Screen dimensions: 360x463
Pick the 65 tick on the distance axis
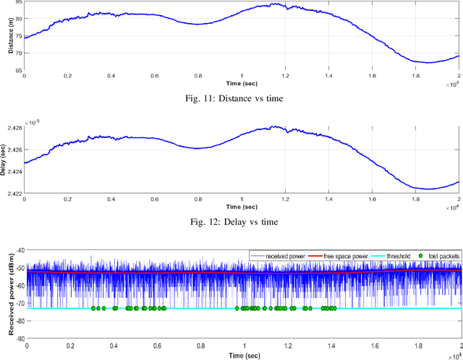coord(18,71)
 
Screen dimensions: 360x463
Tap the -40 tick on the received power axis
coord(20,250)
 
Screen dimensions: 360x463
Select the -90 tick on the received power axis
coord(20,338)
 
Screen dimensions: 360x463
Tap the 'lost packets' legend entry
coord(443,256)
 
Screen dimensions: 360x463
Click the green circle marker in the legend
coord(421,256)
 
